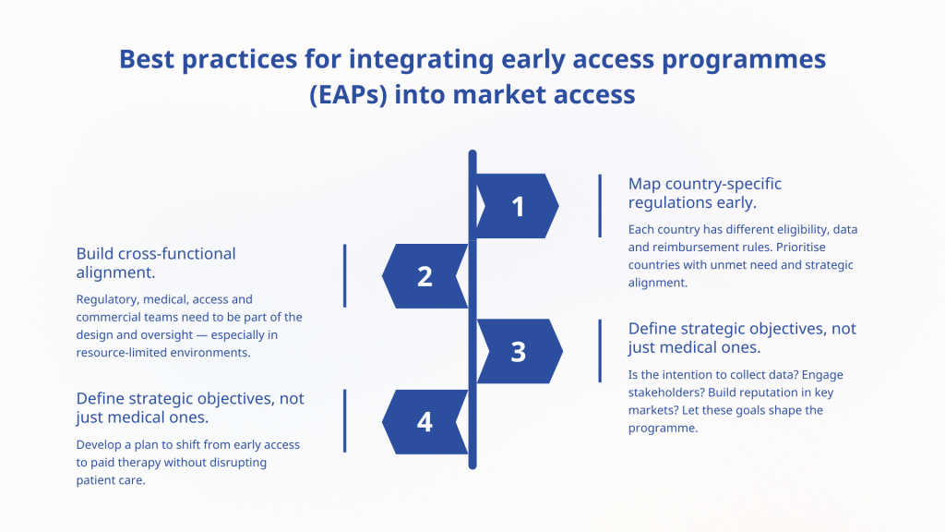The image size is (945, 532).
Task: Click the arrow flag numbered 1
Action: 518,206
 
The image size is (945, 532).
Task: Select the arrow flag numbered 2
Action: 425,276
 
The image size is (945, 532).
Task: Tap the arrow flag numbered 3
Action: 520,351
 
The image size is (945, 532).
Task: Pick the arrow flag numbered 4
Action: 425,421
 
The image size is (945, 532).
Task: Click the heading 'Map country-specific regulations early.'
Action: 704,193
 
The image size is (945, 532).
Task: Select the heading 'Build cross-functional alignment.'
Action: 155,263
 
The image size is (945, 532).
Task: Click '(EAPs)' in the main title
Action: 348,95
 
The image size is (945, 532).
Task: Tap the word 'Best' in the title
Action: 147,59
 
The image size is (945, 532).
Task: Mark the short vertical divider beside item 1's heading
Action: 600,206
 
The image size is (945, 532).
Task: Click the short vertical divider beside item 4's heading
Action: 345,420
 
